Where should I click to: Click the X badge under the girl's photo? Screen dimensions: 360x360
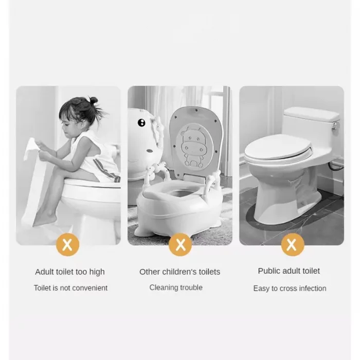pos(67,244)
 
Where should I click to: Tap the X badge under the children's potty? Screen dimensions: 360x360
pos(180,244)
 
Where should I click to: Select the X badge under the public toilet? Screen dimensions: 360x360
pos(293,244)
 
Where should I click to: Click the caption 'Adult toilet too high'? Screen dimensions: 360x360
pos(70,272)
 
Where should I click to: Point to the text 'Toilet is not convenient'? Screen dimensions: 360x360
pos(70,288)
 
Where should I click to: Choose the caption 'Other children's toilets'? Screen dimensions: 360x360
pos(180,272)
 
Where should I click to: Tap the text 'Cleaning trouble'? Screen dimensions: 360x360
pos(176,287)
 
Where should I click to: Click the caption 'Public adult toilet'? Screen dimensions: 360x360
pos(289,271)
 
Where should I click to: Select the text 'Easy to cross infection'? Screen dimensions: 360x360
pos(290,289)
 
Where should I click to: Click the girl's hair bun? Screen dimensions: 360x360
pos(94,100)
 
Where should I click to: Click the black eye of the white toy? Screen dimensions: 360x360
pos(141,123)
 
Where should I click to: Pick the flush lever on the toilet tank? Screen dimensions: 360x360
pos(335,125)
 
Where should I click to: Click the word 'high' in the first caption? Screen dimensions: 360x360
pos(97,272)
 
